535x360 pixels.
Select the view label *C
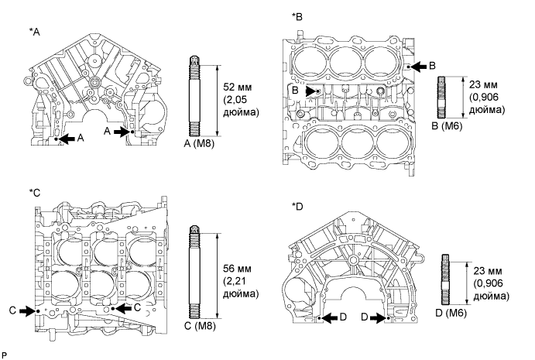click(x=30, y=190)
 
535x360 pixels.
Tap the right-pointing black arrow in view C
click(x=28, y=310)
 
